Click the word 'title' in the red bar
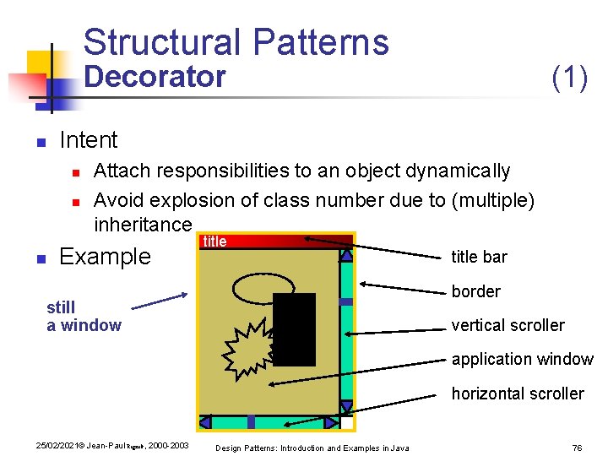[214, 242]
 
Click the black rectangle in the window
[294, 329]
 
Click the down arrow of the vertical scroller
[345, 407]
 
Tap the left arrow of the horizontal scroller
[204, 422]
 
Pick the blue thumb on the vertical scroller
[345, 301]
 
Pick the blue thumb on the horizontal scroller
[251, 422]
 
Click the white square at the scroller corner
[346, 422]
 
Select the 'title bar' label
[480, 257]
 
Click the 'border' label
[476, 291]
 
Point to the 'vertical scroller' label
[508, 325]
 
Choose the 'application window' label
[522, 359]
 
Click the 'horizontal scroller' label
[517, 394]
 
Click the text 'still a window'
[84, 316]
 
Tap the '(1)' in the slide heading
[569, 77]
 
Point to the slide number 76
[578, 447]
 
